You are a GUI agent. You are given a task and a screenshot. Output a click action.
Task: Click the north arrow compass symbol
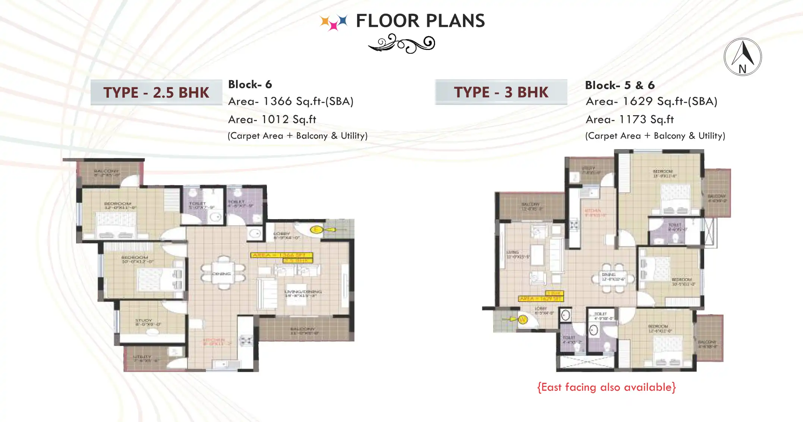point(743,57)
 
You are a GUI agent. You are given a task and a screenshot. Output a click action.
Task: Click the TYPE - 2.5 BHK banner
point(156,92)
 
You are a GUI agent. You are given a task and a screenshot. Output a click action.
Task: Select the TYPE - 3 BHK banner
point(501,92)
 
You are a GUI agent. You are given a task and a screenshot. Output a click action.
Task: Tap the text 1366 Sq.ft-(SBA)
point(308,101)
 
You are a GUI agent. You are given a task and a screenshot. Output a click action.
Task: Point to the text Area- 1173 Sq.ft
point(630,119)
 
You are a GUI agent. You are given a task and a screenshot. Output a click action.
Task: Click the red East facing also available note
point(606,387)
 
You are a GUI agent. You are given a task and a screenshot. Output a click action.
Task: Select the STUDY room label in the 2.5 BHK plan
point(144,321)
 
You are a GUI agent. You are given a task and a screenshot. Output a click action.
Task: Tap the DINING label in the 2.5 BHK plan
point(221,274)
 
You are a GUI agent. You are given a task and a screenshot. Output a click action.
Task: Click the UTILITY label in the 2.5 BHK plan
point(142,357)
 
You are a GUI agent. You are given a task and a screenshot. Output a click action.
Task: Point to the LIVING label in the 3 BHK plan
point(513,252)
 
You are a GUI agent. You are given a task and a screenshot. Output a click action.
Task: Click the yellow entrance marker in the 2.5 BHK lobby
point(317,230)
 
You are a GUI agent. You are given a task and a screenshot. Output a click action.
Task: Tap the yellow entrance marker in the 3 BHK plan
point(523,319)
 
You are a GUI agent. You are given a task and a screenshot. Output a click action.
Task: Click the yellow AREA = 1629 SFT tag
point(540,299)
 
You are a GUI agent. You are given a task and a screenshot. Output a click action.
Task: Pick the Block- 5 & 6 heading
point(620,85)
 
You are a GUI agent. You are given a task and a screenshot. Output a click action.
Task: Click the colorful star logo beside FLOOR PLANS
point(334,22)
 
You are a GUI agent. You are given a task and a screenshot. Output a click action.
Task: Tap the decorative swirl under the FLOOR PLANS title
point(402,44)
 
